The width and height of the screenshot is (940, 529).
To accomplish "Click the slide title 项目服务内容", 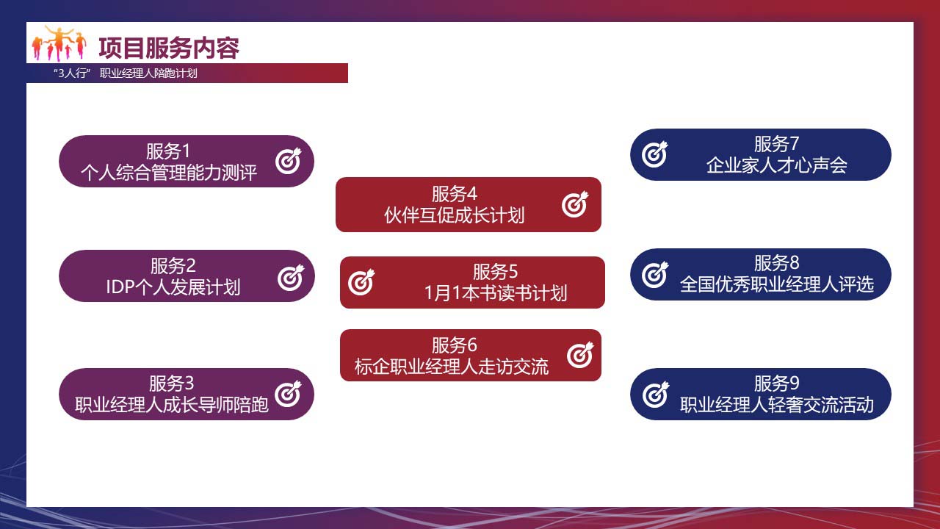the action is tap(169, 48).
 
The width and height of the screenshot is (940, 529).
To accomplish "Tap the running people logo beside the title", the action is tap(59, 43).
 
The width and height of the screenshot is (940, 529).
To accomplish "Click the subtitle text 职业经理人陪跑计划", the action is tap(148, 73).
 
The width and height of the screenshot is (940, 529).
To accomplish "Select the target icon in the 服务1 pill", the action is tap(289, 161).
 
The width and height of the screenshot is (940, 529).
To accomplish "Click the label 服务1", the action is tap(168, 151).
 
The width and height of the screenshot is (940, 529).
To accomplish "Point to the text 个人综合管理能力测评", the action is tap(169, 173).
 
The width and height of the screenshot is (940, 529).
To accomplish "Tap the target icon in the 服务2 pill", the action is tap(290, 278).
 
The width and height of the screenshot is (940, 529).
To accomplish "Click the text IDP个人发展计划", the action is tap(173, 287).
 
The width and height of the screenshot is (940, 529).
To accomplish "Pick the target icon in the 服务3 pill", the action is tap(288, 394).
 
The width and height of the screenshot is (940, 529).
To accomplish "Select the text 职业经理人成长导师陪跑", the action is tap(172, 405).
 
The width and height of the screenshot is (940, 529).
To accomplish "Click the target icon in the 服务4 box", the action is tap(575, 204).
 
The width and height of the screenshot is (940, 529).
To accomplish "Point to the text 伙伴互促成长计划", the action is tap(454, 215).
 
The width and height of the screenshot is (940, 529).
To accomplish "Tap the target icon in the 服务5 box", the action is tap(361, 282).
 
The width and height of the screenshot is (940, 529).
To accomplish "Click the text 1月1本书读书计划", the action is tap(496, 293).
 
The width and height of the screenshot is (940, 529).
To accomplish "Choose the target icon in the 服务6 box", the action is tap(580, 355).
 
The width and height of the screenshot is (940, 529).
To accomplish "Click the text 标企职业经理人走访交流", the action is tap(452, 367).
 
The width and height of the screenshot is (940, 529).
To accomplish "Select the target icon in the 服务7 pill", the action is tap(654, 154).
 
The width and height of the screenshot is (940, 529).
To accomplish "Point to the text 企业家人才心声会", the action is tap(777, 165).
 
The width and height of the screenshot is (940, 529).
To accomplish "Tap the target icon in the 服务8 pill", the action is tap(655, 275).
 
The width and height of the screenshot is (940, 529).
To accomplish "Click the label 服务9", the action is tap(777, 383).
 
